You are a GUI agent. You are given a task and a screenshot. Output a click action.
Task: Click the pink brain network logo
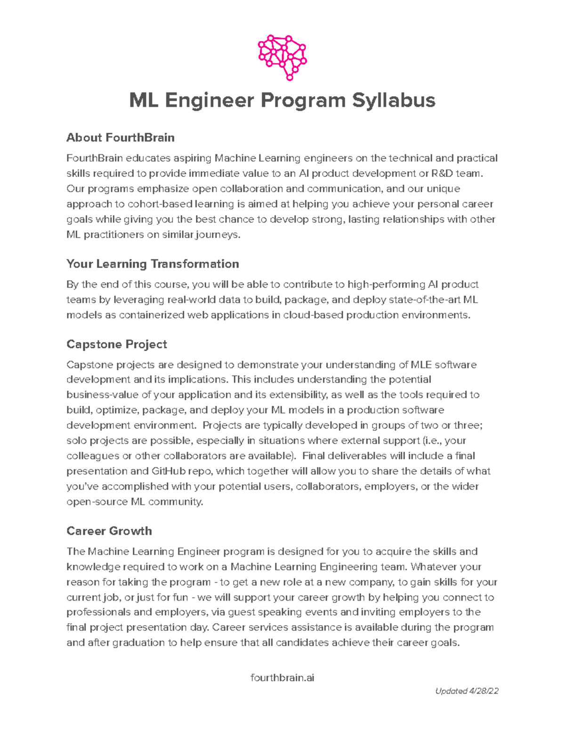coord(282,57)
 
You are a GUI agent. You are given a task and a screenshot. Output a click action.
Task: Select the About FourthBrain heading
coord(121,137)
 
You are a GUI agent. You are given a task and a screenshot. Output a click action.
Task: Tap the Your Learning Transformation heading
coord(153,264)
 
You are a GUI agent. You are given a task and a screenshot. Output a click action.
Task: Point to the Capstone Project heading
coord(117,344)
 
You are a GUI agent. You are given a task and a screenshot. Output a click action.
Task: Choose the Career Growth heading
coord(109,531)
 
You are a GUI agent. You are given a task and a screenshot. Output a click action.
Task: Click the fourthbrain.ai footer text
coord(282,678)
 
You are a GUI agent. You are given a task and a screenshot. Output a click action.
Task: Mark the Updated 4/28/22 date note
coord(467,691)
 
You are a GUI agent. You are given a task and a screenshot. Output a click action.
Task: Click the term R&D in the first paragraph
coord(442,173)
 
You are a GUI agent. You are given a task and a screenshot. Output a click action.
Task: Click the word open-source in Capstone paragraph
coord(97,502)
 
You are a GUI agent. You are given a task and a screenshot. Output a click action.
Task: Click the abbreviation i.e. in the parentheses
coord(432,441)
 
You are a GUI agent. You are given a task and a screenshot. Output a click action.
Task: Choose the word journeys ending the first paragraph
coord(218,234)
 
